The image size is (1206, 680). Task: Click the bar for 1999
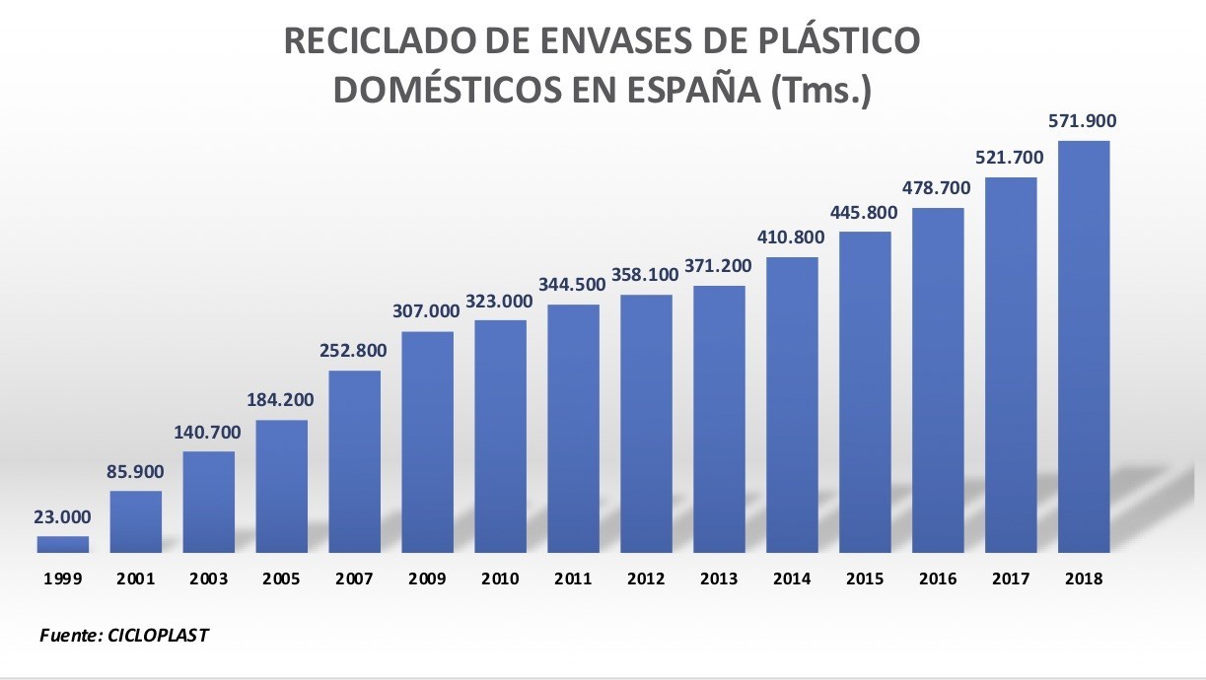point(63,544)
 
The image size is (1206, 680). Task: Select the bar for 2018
point(1084,345)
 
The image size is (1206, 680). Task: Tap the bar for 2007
point(355,460)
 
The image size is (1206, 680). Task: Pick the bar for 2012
point(646,423)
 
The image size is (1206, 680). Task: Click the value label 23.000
point(63,516)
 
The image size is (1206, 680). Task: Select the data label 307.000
point(428,311)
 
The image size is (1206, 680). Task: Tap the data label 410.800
point(792,238)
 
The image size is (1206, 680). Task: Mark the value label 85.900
point(136,471)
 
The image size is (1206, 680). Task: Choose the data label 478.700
point(938,187)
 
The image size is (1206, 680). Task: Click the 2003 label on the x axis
point(209,579)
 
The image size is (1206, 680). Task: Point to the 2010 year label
point(500,579)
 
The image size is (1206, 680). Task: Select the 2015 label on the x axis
point(865,579)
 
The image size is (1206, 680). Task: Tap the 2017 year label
point(1011,579)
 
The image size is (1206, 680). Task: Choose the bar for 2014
point(792,404)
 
